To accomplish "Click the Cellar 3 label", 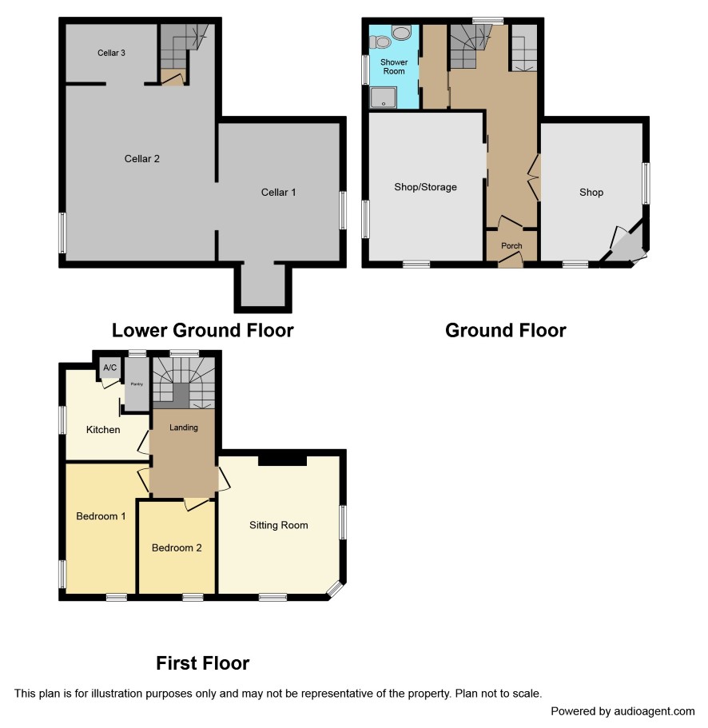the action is point(111,53).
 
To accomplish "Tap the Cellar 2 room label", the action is point(142,159).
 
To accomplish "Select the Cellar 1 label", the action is point(279,193).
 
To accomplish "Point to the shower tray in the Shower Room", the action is point(384,97).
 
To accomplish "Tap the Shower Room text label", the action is point(394,66).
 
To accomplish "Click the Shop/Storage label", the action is point(426,187).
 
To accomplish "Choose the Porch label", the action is point(511,245).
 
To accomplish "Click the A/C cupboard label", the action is point(110,368).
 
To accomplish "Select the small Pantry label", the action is point(137,384).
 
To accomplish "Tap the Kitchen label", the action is point(103,429).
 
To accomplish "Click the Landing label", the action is point(184,428).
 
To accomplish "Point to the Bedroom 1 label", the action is point(101,516).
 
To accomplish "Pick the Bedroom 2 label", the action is point(177,548).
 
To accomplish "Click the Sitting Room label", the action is point(279,525).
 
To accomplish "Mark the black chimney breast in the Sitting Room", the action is point(282,460).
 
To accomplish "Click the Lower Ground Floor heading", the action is point(203,331).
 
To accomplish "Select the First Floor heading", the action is point(203,663).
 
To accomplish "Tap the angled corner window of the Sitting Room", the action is point(335,589).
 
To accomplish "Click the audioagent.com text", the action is point(654,711).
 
